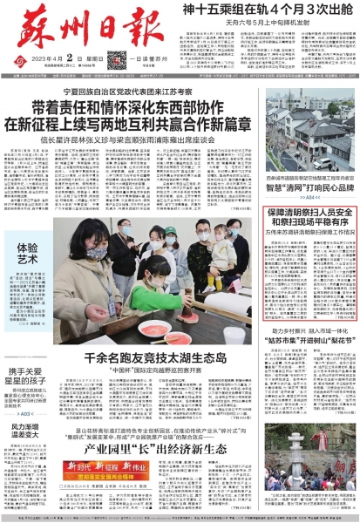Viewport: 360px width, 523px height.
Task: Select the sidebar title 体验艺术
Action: pyautogui.click(x=27, y=253)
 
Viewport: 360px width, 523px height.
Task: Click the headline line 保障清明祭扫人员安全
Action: pyautogui.click(x=309, y=213)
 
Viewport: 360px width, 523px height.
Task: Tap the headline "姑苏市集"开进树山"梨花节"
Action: pyautogui.click(x=310, y=342)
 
